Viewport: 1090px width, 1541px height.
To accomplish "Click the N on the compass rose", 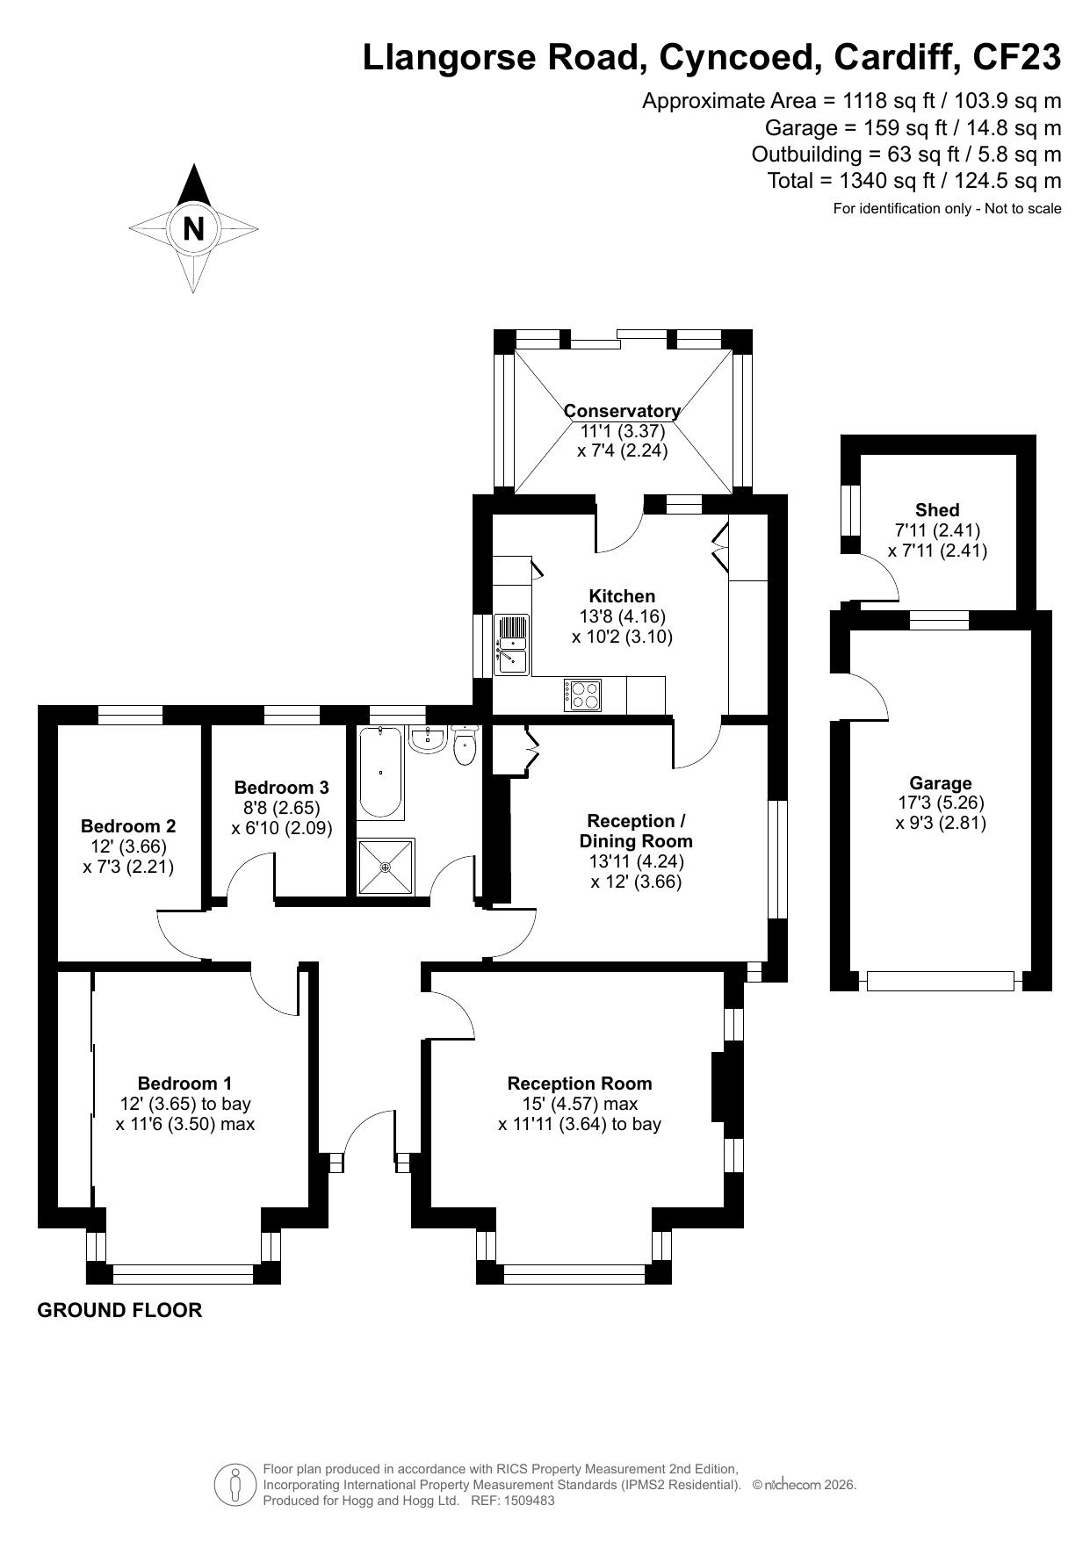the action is click(193, 228).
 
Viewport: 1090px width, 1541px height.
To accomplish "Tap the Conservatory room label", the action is click(622, 411).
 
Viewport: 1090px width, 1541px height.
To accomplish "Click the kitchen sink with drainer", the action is click(511, 644).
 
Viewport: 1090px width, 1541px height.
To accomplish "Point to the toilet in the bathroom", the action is click(465, 746).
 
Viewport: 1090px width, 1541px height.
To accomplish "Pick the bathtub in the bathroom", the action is click(381, 773).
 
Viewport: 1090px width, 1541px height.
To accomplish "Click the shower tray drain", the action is click(385, 868).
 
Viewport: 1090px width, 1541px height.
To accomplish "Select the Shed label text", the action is click(937, 510).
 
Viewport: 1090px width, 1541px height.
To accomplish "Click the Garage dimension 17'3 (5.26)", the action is click(941, 803).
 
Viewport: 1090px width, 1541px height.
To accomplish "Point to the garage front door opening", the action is click(940, 981).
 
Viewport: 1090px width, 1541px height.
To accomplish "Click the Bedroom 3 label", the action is click(282, 788).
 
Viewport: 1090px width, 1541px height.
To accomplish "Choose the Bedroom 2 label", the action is click(128, 826).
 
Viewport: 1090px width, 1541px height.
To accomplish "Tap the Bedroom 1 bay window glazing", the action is click(184, 1268).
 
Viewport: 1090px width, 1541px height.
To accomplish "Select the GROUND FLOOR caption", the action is click(119, 1310).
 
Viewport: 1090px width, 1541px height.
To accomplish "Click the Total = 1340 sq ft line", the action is click(914, 181).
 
